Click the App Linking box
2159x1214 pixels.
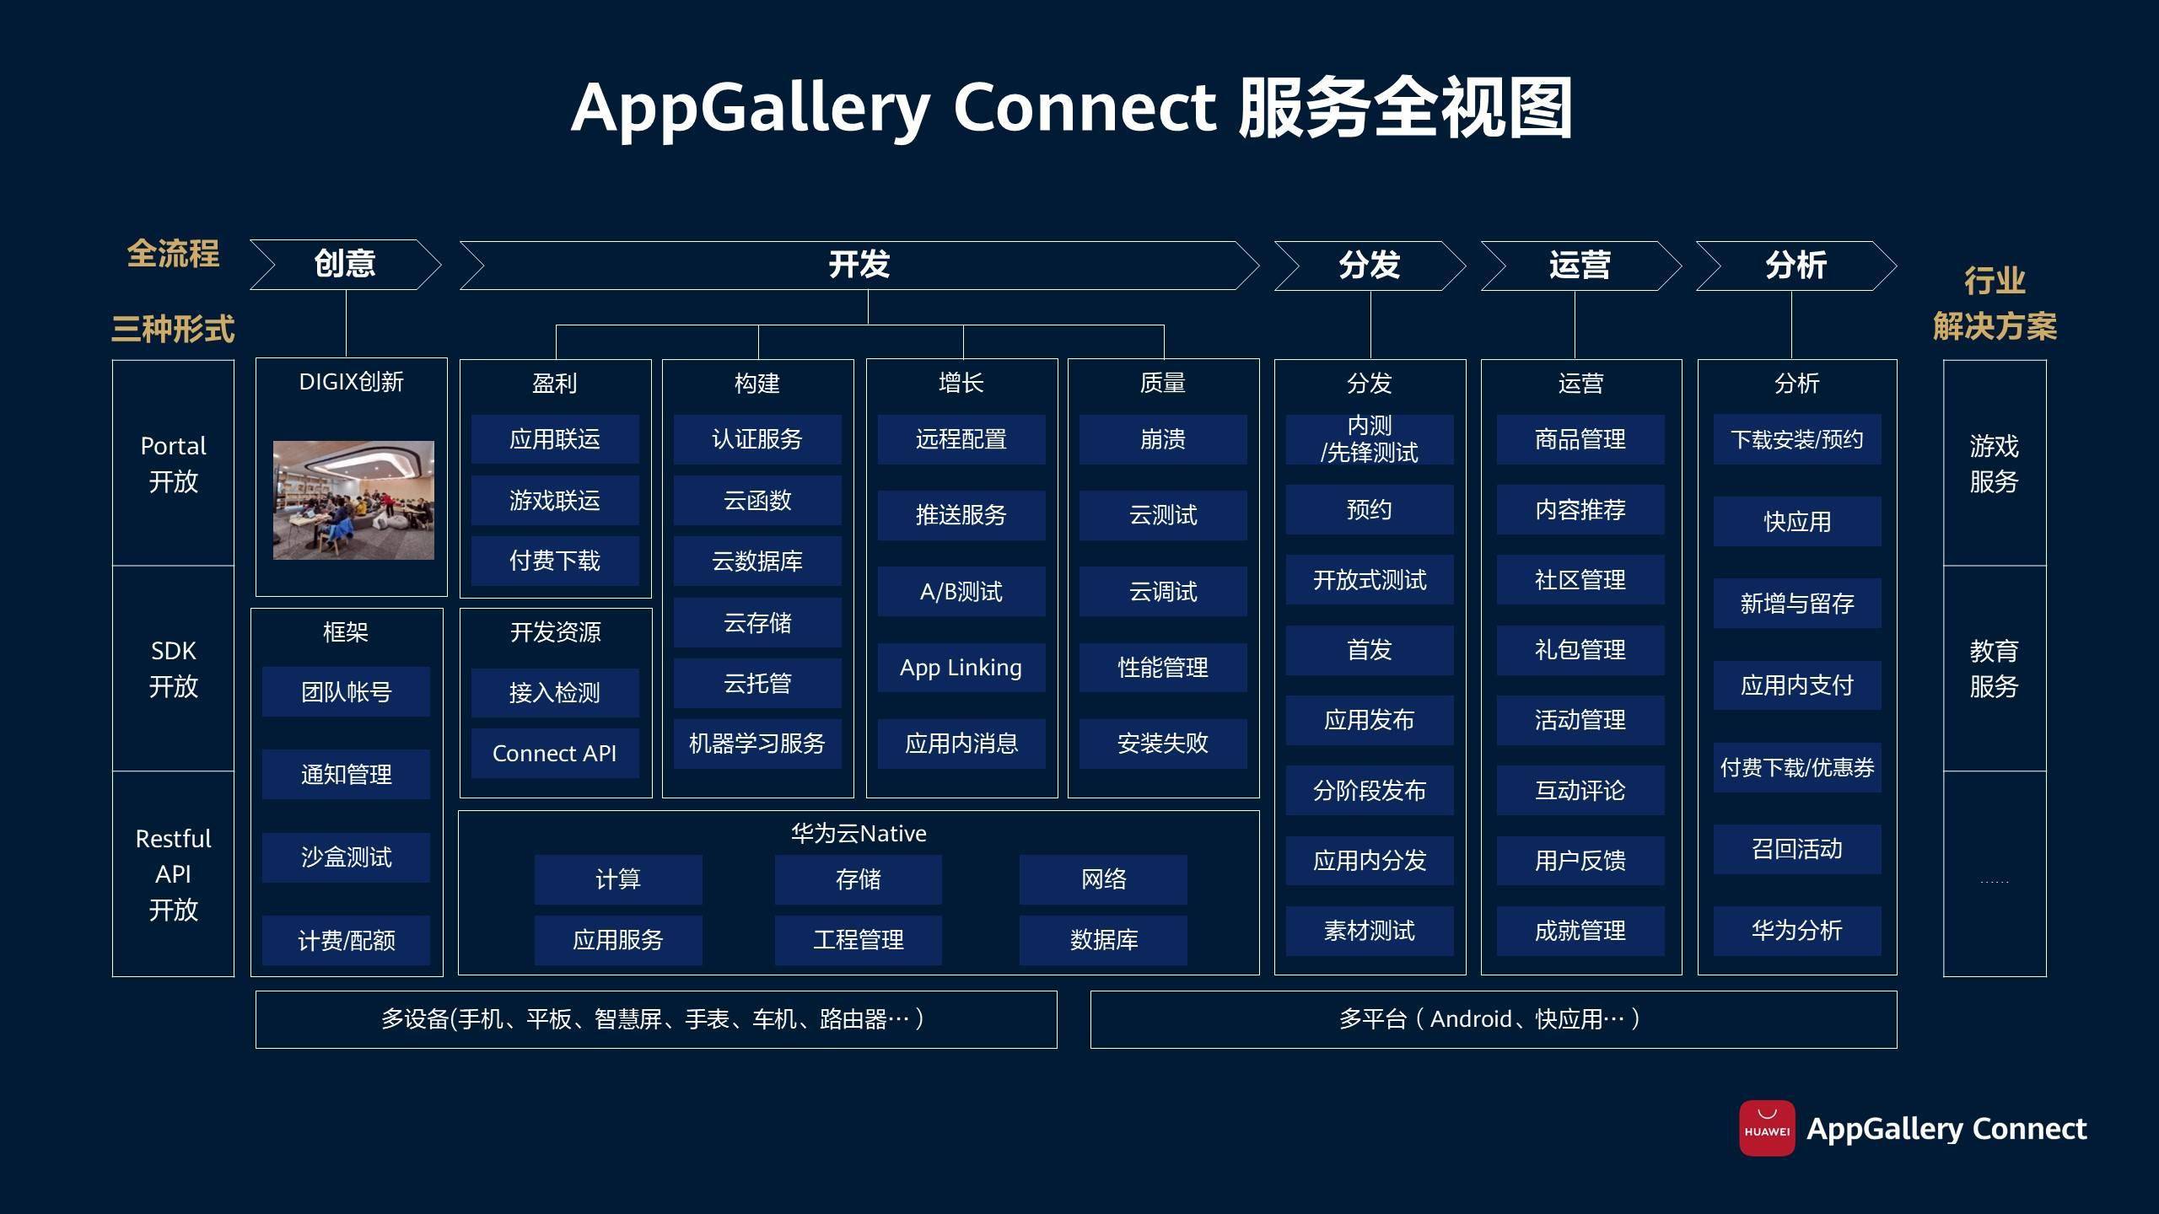pos(961,668)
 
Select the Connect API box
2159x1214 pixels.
pos(555,753)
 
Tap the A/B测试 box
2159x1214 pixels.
pos(961,592)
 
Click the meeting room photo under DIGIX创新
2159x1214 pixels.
pos(353,500)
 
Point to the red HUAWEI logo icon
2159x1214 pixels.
pos(1767,1128)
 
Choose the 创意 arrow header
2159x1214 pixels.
pos(345,265)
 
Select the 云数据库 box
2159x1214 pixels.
pos(757,561)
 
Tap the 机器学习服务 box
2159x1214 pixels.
pos(757,744)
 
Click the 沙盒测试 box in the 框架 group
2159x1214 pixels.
pos(346,857)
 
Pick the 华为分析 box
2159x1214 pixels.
pos(1797,931)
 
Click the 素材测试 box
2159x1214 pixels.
pos(1370,931)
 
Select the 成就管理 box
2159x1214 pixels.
pos(1580,931)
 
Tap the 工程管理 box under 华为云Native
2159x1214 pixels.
pos(859,940)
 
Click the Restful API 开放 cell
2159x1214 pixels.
pos(173,874)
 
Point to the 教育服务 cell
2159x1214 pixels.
pos(1995,669)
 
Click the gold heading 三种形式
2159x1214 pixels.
pos(173,329)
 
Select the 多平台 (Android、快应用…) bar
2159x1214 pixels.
pos(1493,1019)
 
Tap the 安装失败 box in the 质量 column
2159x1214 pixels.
pos(1163,744)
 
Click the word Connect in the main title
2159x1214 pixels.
pos(1085,108)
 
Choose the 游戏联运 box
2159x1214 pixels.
pos(555,501)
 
